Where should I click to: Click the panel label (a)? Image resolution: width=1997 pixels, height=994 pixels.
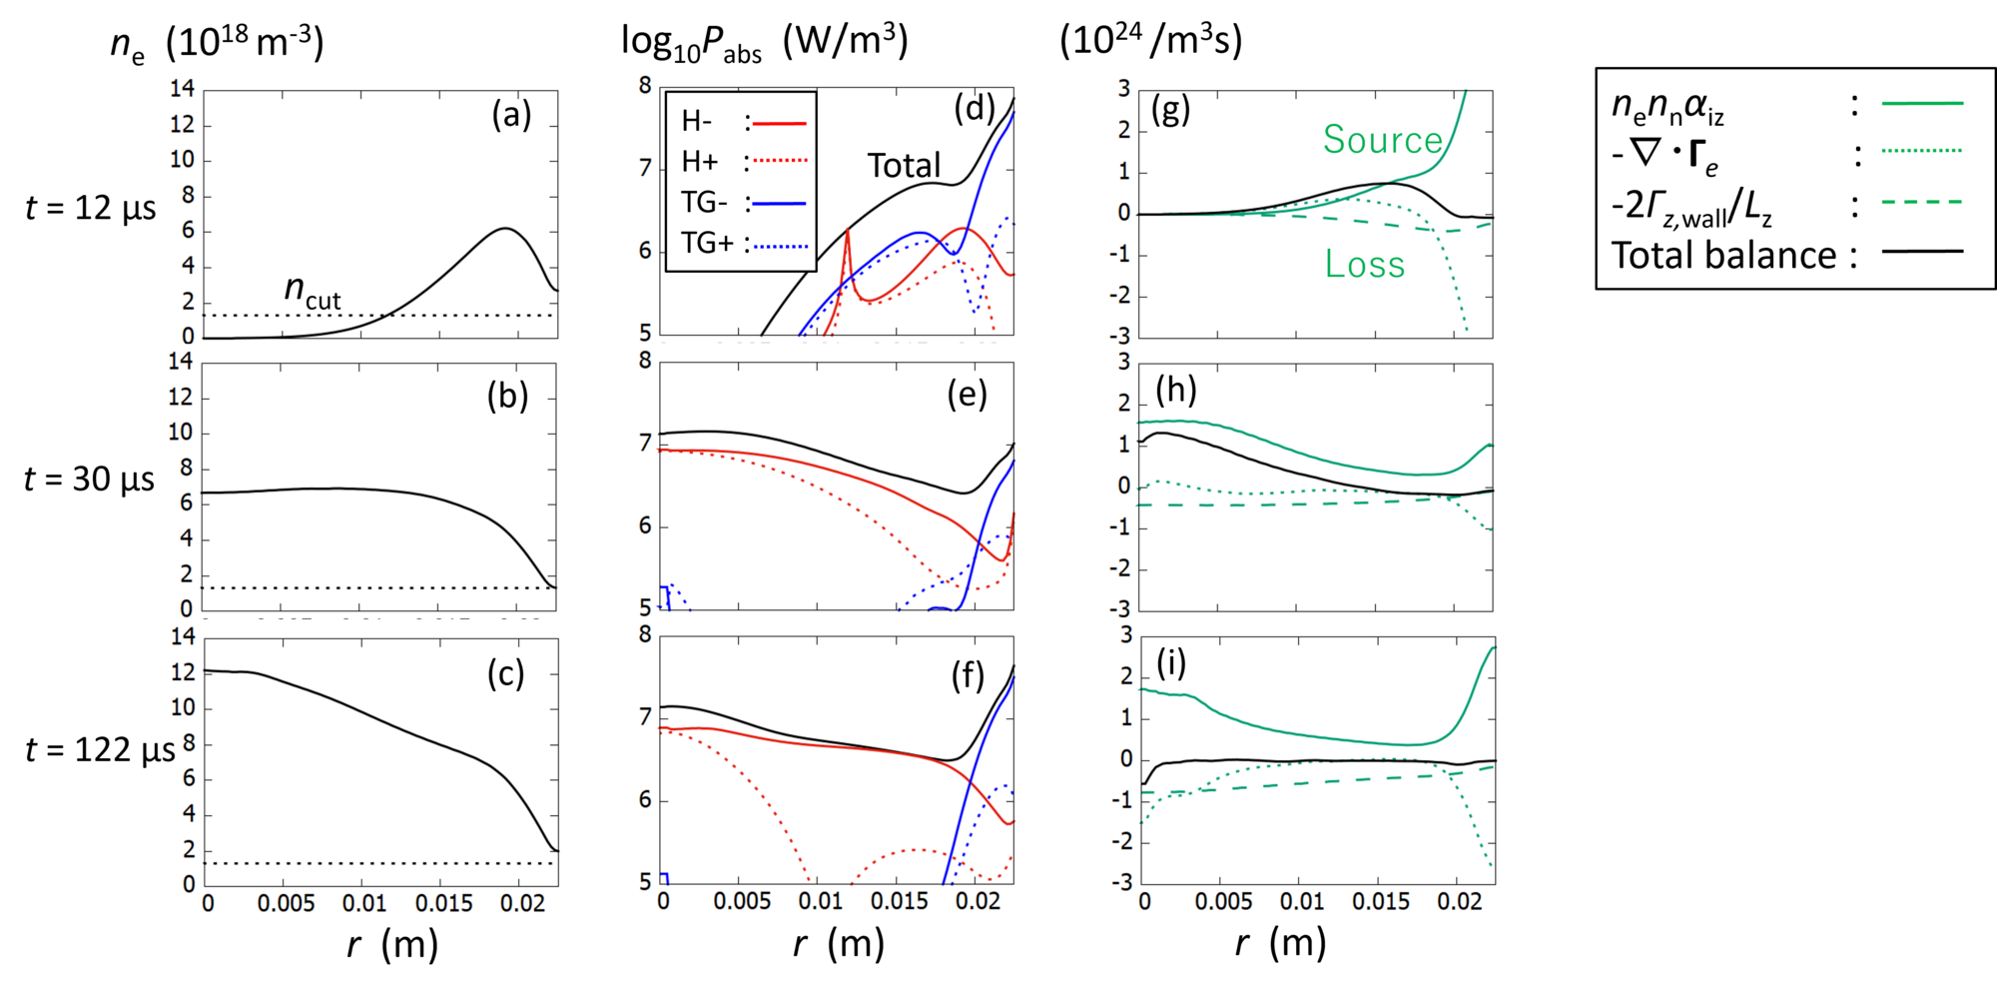pos(511,116)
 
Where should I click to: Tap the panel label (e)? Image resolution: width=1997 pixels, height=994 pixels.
pos(967,396)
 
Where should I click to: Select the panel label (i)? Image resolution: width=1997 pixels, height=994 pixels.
pos(1171,663)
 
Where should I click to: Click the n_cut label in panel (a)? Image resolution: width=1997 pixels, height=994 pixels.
pos(313,291)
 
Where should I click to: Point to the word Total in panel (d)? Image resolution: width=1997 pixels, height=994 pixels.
pos(904,166)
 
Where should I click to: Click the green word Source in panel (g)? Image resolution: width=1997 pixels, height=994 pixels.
pos(1383,140)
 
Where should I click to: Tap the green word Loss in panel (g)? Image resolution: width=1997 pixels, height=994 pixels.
pos(1365,265)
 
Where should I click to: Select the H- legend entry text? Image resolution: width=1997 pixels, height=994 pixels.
pos(697,122)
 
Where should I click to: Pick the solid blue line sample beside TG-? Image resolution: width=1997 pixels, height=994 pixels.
pos(779,204)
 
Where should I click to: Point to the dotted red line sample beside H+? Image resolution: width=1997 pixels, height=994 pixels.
pos(779,162)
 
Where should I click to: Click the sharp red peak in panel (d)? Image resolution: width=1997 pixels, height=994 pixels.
pos(848,232)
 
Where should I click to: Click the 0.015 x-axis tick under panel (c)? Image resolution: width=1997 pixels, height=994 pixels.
pos(444,904)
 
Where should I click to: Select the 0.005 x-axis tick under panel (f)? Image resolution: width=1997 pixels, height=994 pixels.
pos(742,902)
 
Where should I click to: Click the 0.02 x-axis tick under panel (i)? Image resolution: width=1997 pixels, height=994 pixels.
pos(1460,902)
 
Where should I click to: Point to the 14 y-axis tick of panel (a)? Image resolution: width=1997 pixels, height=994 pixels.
pos(182,89)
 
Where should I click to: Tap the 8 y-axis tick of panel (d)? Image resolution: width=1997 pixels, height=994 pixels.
pos(646,86)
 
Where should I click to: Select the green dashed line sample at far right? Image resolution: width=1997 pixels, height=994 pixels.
pos(1922,203)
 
